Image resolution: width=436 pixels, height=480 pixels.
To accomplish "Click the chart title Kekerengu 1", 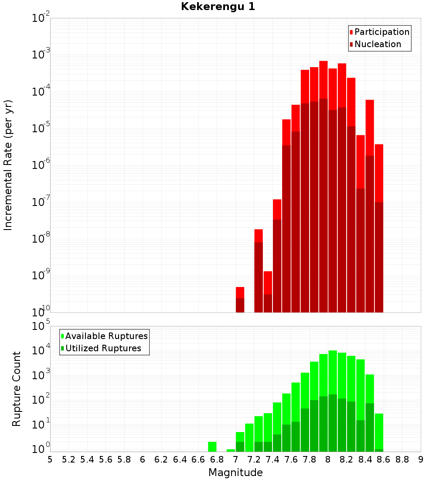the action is pos(218,7).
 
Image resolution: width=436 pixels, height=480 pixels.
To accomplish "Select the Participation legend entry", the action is pos(379,32).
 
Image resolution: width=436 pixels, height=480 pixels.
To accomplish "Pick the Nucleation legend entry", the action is pos(375,44).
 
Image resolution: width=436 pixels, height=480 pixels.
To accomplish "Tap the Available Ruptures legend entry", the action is pos(104,336).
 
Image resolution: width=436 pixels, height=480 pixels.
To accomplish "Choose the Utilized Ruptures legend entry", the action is pos(101,348).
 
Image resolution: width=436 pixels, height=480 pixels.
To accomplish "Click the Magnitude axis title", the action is pos(235,473).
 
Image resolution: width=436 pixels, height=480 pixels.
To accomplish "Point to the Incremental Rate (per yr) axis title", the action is pos(8,165).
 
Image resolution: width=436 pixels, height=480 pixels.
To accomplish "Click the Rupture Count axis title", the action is pos(16,389).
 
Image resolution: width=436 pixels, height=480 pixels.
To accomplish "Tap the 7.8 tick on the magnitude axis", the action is pos(309,459).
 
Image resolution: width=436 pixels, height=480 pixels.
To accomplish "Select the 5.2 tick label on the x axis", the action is pos(68,459).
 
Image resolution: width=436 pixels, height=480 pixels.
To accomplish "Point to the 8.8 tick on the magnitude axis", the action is pos(402,459).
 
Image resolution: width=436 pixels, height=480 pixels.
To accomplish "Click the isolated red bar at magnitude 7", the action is pos(240,300).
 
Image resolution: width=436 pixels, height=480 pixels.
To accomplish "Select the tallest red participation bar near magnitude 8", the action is pos(324,187).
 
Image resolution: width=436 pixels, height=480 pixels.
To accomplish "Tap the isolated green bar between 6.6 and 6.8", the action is pos(212,447).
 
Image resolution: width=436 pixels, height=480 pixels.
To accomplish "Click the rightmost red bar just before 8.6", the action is pos(379,228).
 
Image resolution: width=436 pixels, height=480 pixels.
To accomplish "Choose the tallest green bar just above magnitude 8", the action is pos(333,401).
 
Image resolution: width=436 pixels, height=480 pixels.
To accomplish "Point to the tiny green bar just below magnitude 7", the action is pos(231,450).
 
